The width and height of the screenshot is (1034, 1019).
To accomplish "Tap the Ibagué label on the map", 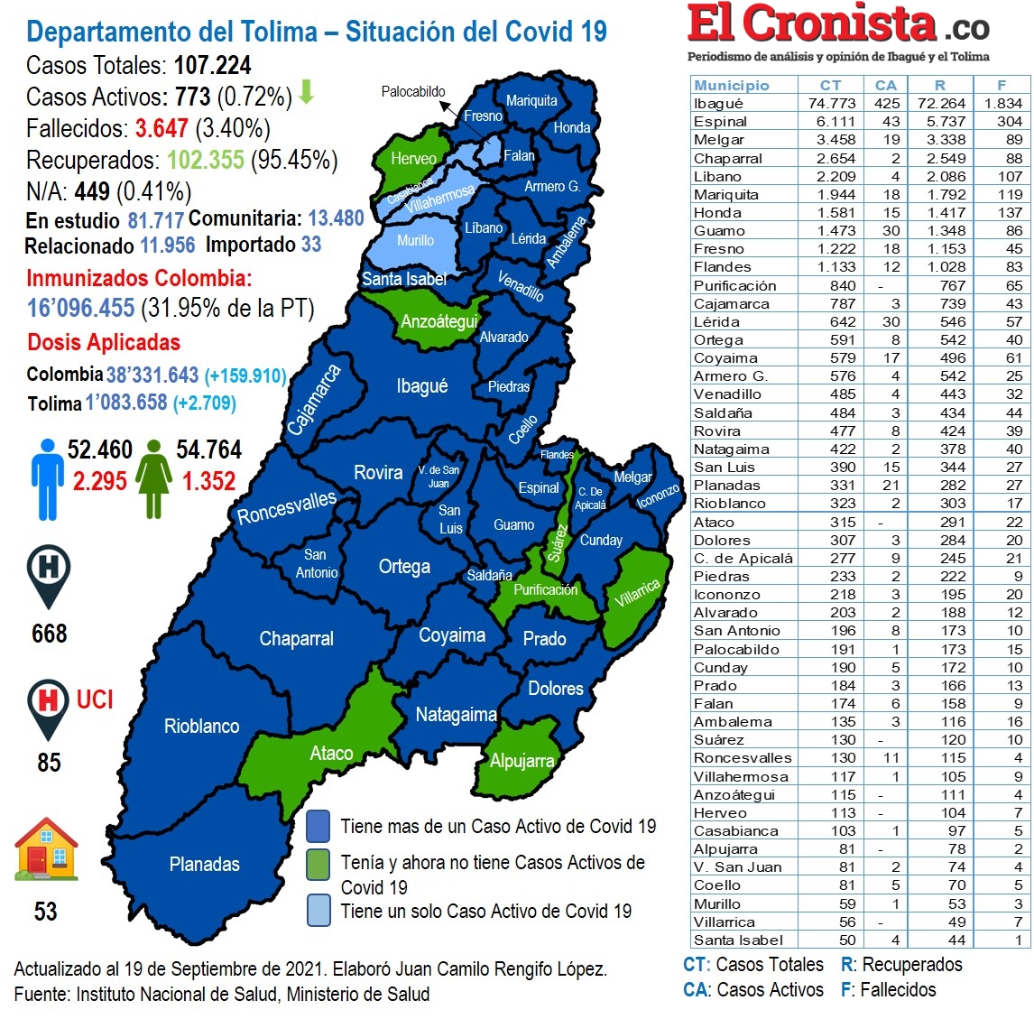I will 421,386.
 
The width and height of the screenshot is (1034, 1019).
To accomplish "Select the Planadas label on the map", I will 205,865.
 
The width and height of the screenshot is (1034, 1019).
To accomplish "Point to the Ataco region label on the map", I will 331,754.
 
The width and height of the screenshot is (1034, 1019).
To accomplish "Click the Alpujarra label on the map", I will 522,761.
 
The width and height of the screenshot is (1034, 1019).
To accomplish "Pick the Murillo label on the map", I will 415,241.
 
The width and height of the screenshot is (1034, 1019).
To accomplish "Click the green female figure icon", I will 154,478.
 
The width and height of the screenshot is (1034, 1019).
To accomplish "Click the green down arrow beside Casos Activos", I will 307,92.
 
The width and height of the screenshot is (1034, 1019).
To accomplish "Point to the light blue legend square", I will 318,911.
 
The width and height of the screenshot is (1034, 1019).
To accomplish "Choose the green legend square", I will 318,864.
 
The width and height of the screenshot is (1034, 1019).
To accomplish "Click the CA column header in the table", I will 886,85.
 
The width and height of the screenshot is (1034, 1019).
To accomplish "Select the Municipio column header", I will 732,85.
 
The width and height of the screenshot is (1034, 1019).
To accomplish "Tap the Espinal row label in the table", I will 720,122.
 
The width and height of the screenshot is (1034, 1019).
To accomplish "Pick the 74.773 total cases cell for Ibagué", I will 831,104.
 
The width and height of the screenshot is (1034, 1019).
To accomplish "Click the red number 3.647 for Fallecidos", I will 162,129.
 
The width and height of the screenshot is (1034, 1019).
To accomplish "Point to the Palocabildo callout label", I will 413,91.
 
